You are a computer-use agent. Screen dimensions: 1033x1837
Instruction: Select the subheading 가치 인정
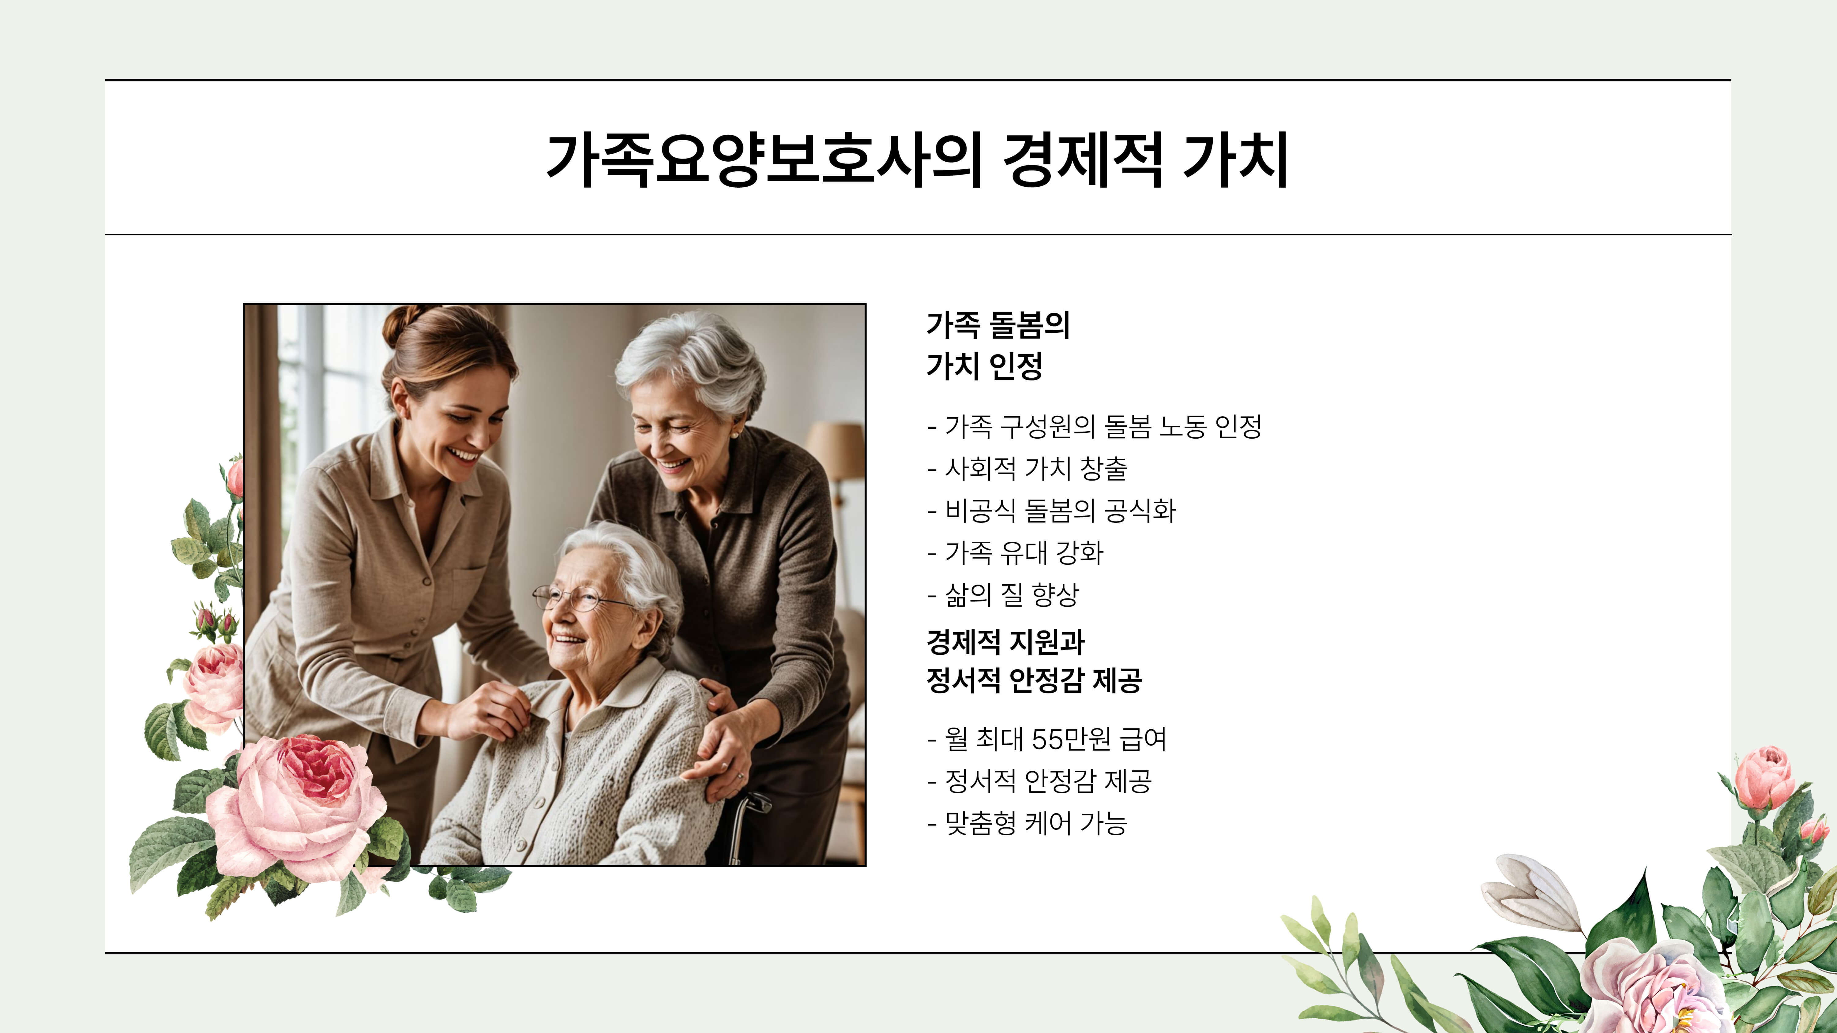click(984, 366)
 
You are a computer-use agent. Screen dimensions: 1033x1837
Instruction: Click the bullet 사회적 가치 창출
click(1035, 468)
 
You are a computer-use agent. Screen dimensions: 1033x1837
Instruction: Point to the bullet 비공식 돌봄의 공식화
click(1060, 511)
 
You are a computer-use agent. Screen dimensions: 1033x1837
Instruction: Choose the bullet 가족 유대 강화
click(1023, 552)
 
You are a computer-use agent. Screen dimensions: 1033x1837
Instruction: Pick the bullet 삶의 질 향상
click(1011, 595)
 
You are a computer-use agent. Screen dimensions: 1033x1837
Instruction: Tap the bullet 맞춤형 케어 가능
click(1035, 823)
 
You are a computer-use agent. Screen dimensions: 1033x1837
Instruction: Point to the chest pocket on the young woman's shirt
click(474, 592)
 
